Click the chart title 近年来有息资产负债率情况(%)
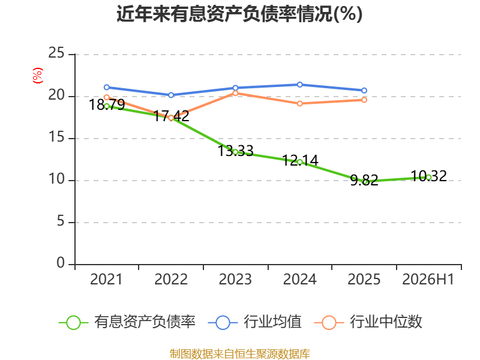[x=239, y=14]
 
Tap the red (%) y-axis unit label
[x=38, y=76]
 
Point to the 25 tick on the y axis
[x=56, y=53]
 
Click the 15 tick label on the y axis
[x=56, y=137]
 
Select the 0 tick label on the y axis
[x=61, y=263]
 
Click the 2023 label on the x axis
[x=235, y=279]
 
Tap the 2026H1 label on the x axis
[x=428, y=279]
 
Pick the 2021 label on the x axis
[x=106, y=279]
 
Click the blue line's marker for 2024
[x=299, y=85]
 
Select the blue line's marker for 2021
[x=107, y=87]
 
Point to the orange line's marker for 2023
[x=235, y=93]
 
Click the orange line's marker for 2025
[x=364, y=100]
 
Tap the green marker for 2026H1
[x=428, y=177]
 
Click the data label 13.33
[x=236, y=151]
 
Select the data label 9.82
[x=364, y=180]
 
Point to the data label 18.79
[x=107, y=104]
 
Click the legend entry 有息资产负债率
[x=127, y=322]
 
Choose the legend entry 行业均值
[x=254, y=322]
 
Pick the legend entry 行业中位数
[x=368, y=322]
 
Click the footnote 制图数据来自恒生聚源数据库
[x=240, y=354]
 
